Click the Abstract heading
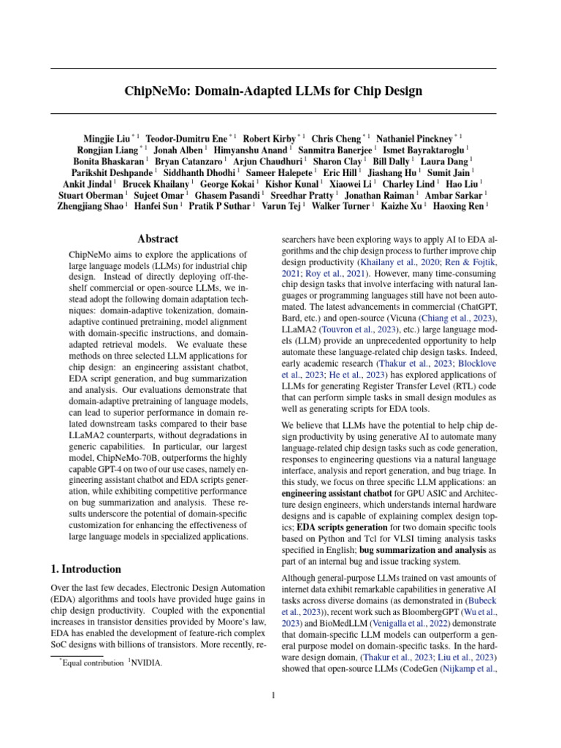click(x=158, y=238)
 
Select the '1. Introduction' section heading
click(x=86, y=568)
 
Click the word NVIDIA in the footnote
click(x=146, y=663)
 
